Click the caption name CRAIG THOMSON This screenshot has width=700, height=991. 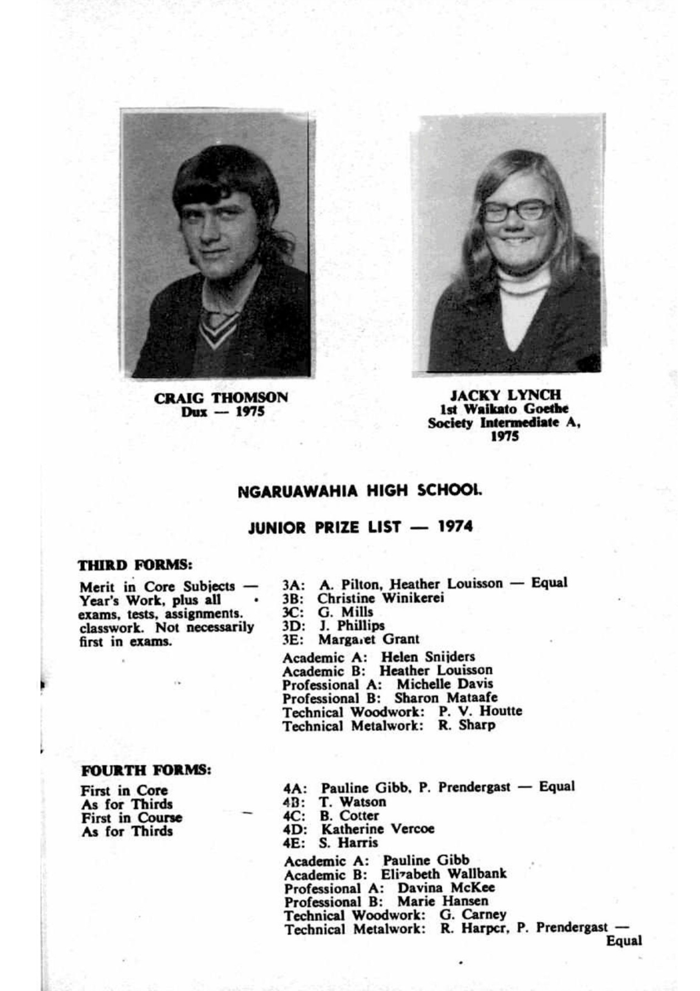click(x=221, y=398)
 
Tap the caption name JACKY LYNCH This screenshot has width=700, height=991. click(x=505, y=395)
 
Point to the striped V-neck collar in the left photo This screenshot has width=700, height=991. click(x=218, y=328)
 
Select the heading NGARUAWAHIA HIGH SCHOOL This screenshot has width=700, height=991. click(x=359, y=491)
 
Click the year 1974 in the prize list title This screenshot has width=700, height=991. click(x=455, y=526)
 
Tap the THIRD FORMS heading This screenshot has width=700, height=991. click(x=135, y=565)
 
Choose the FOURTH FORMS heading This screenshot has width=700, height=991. click(x=146, y=770)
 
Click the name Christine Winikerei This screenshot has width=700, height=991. click(x=380, y=598)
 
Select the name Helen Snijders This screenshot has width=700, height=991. click(x=428, y=657)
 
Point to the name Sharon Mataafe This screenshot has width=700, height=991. click(x=446, y=698)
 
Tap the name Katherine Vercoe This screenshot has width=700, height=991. click(x=378, y=829)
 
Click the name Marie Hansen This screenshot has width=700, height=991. click(x=442, y=901)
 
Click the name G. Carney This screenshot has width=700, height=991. click(x=473, y=914)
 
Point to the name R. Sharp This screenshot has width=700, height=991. click(x=467, y=725)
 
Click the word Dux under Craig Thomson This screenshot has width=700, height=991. click(x=194, y=412)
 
